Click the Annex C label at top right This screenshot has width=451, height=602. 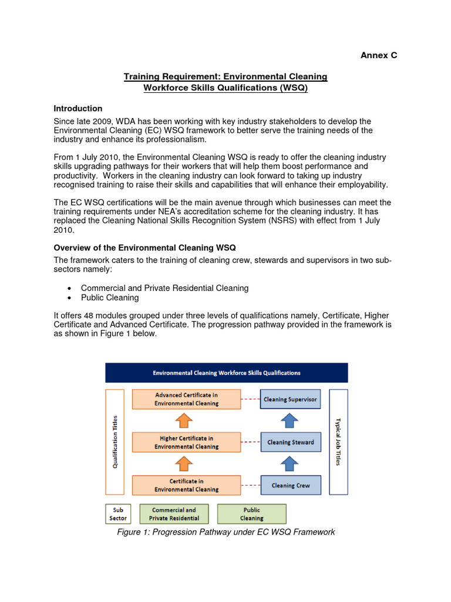click(x=378, y=55)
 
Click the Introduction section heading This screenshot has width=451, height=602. click(x=78, y=109)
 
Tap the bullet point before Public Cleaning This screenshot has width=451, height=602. click(x=70, y=298)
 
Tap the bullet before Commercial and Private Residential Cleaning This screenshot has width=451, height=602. click(x=70, y=288)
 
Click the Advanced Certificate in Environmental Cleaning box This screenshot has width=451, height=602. click(x=186, y=399)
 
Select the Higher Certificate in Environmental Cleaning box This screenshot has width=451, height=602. click(x=186, y=442)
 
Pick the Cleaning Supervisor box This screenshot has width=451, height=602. click(x=290, y=399)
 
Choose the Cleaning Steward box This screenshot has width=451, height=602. click(x=290, y=442)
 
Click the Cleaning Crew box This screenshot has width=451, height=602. click(x=290, y=486)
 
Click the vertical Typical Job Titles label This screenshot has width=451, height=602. click(x=338, y=442)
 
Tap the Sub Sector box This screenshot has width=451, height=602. click(x=117, y=514)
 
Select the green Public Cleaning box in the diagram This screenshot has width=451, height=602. click(x=251, y=514)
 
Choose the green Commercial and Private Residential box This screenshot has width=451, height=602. click(x=174, y=514)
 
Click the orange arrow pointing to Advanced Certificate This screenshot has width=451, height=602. click(x=184, y=420)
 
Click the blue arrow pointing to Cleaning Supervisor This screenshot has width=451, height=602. click(x=288, y=420)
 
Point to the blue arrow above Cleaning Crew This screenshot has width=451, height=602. click(x=288, y=464)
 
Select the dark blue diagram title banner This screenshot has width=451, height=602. click(x=226, y=373)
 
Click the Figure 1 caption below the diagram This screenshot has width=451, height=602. click(x=225, y=532)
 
